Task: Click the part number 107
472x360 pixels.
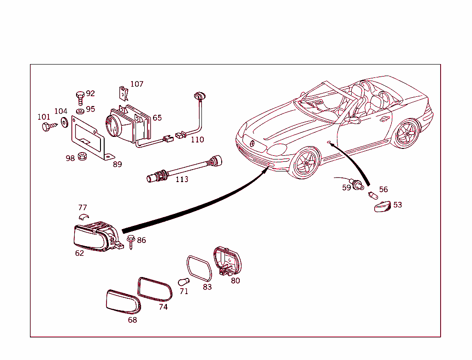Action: click(136, 84)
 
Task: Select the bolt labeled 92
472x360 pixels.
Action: click(80, 97)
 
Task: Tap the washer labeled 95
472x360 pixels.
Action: click(79, 111)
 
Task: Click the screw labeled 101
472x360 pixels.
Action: click(46, 126)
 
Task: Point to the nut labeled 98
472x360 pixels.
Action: click(83, 156)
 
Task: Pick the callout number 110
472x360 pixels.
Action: click(197, 140)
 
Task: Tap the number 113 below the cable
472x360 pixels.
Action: click(182, 179)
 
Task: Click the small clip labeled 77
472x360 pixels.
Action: click(83, 217)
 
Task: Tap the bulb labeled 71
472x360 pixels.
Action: click(183, 281)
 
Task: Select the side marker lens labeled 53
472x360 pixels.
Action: click(382, 206)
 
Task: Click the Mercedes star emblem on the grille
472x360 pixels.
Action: click(253, 144)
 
